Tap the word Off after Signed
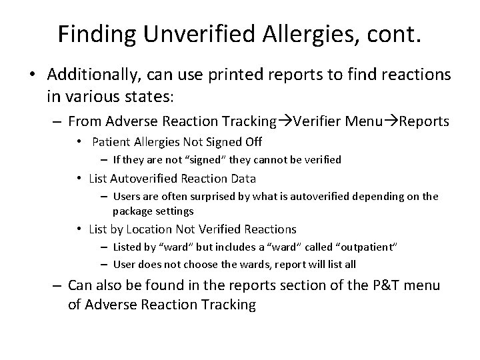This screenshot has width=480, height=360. tap(252, 141)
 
